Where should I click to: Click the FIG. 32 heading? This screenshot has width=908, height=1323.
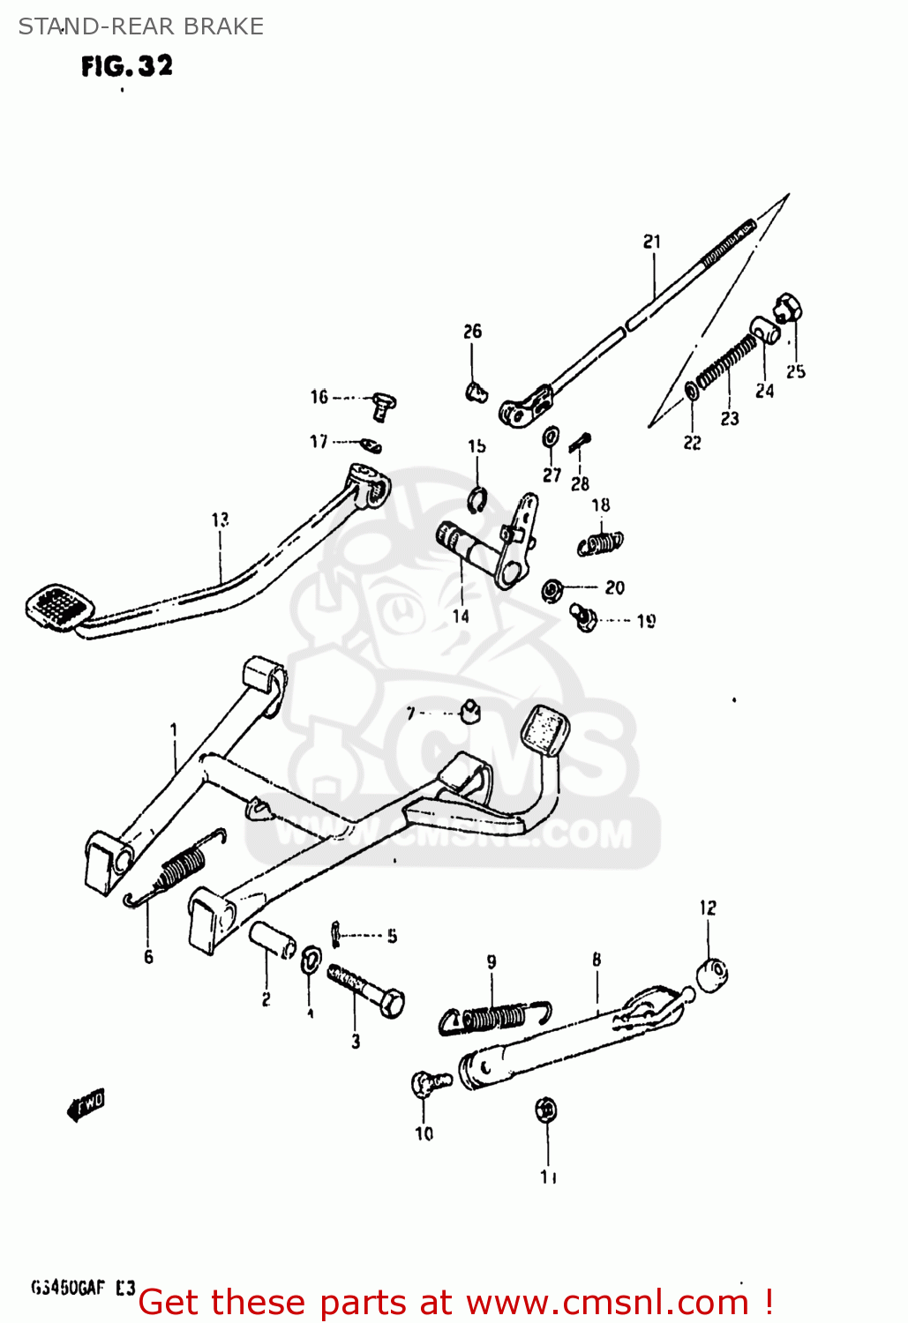pyautogui.click(x=127, y=66)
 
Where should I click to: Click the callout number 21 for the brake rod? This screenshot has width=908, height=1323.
pyautogui.click(x=651, y=242)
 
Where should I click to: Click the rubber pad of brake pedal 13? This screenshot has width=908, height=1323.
pyautogui.click(x=60, y=605)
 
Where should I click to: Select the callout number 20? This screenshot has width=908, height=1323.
pyautogui.click(x=615, y=587)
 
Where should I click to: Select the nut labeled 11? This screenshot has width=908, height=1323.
pyautogui.click(x=546, y=1110)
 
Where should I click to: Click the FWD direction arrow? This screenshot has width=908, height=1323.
pyautogui.click(x=86, y=1103)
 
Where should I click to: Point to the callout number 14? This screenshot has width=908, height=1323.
pyautogui.click(x=461, y=617)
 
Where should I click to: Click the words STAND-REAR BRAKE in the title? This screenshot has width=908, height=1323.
pyautogui.click(x=141, y=26)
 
